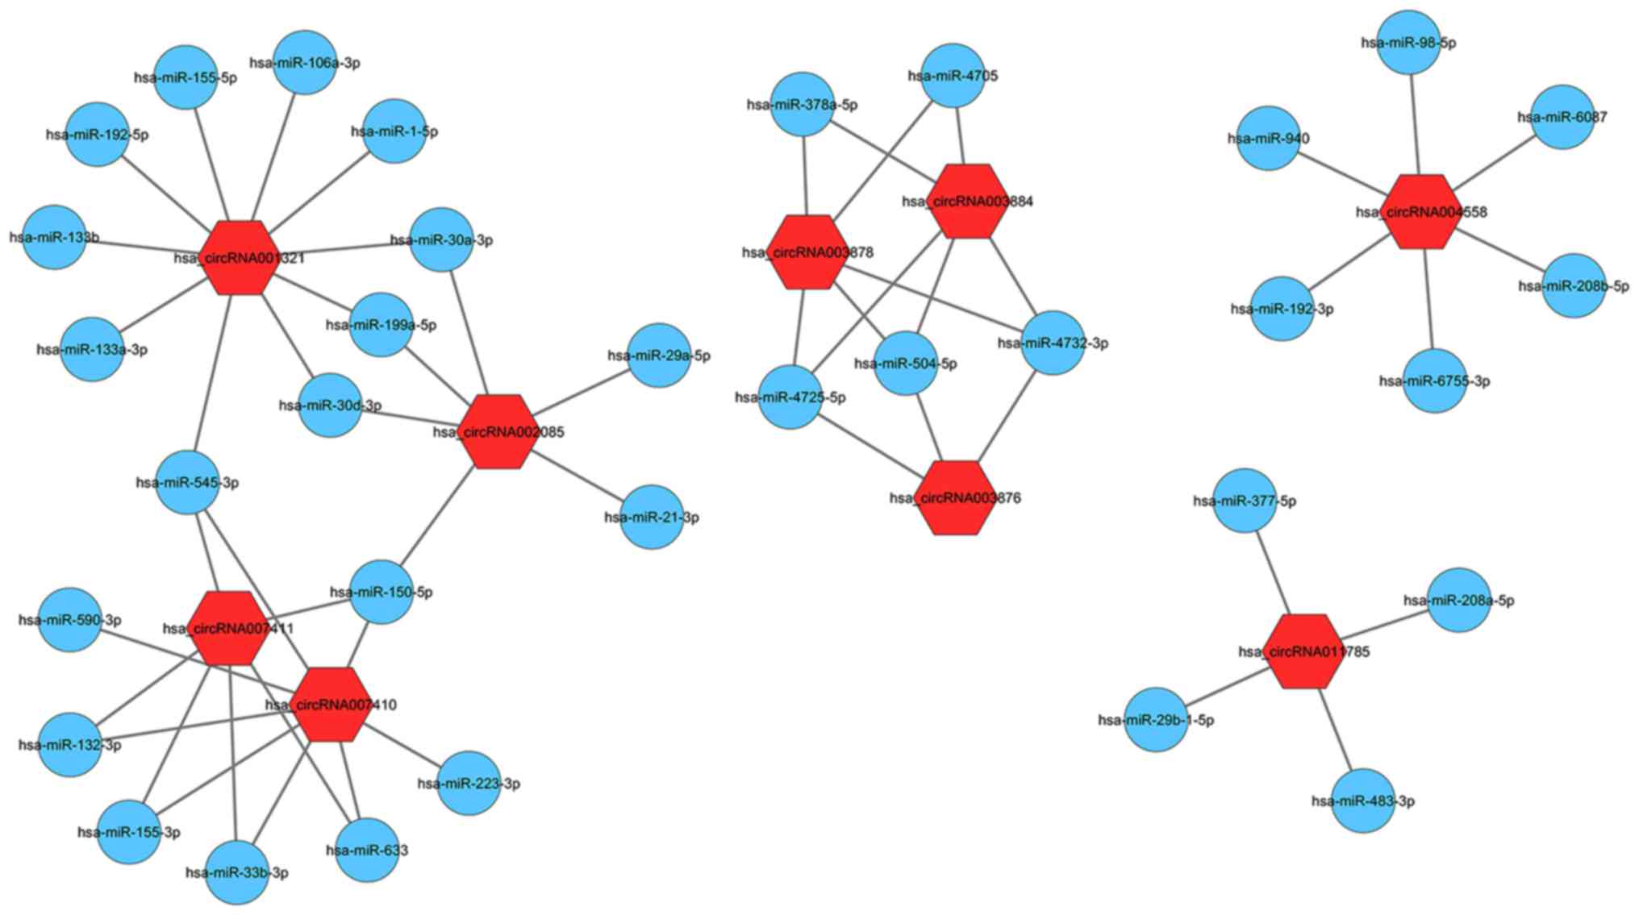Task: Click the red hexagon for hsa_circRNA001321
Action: (x=239, y=257)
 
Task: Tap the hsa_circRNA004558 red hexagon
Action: (x=1422, y=211)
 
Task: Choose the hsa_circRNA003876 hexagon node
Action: (x=956, y=497)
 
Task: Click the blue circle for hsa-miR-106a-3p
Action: (x=304, y=63)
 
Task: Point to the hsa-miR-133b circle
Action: (x=54, y=237)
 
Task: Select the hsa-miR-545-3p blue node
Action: (x=186, y=483)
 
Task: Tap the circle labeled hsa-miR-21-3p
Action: (x=652, y=517)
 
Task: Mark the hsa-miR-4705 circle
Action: (x=953, y=76)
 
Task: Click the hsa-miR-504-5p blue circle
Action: (x=906, y=364)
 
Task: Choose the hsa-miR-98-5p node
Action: (x=1409, y=43)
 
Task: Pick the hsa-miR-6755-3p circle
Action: (x=1435, y=381)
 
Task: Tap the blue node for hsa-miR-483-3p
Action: (x=1363, y=801)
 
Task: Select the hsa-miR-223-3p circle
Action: (x=469, y=783)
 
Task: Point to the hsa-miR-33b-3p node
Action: (x=237, y=872)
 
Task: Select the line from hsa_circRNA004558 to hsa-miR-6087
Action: (x=1495, y=164)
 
